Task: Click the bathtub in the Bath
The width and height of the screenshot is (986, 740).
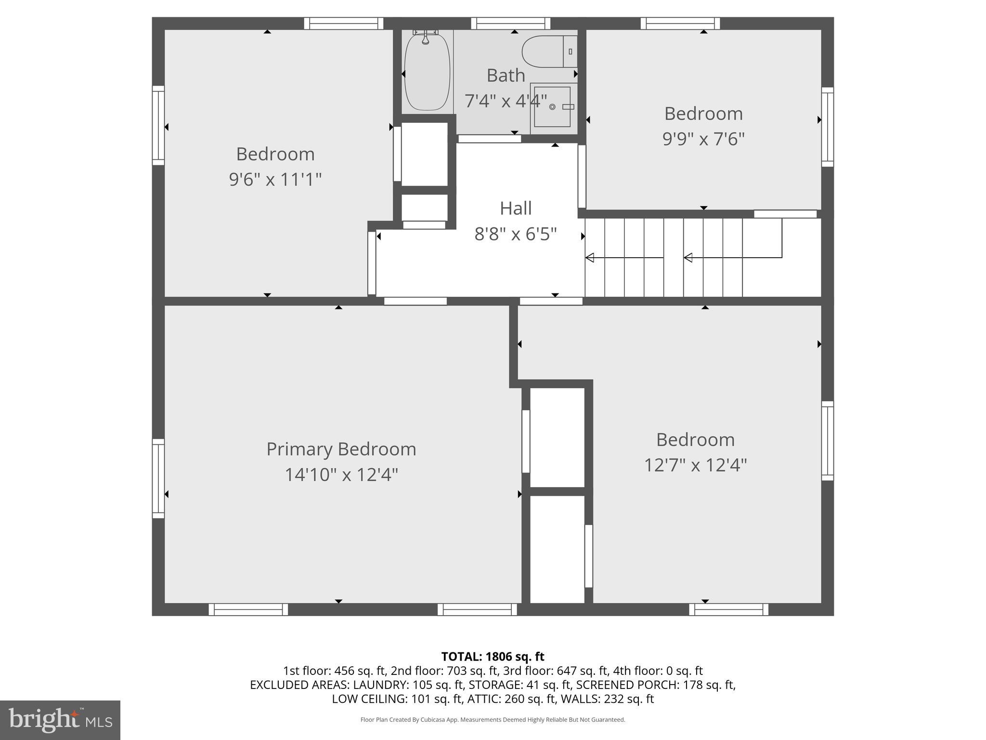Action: click(x=427, y=72)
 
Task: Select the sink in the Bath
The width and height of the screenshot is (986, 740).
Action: click(x=553, y=106)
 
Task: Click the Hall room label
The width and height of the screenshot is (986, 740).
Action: click(x=516, y=209)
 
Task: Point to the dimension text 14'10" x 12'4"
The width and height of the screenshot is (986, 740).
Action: click(x=341, y=475)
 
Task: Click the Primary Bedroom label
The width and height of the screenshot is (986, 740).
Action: click(x=341, y=449)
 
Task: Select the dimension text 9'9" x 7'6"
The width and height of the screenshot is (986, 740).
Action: click(x=703, y=139)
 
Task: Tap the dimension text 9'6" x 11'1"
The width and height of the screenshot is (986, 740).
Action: click(x=275, y=180)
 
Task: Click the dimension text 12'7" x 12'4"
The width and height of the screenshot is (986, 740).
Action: click(x=695, y=465)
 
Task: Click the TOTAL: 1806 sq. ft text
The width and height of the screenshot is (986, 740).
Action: click(x=493, y=657)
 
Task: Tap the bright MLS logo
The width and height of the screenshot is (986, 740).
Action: click(x=60, y=720)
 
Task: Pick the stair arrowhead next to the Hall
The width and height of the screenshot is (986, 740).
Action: click(x=590, y=258)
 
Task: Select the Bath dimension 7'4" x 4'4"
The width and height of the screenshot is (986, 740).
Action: click(x=506, y=101)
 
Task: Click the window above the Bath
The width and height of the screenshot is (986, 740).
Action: click(x=510, y=23)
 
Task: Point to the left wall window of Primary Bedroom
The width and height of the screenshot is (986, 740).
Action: click(x=158, y=478)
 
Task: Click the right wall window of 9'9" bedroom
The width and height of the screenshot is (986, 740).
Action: click(x=827, y=127)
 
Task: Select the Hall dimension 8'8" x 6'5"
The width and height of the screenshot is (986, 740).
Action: click(x=516, y=235)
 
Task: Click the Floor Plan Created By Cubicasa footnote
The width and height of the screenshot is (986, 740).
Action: click(x=493, y=720)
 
